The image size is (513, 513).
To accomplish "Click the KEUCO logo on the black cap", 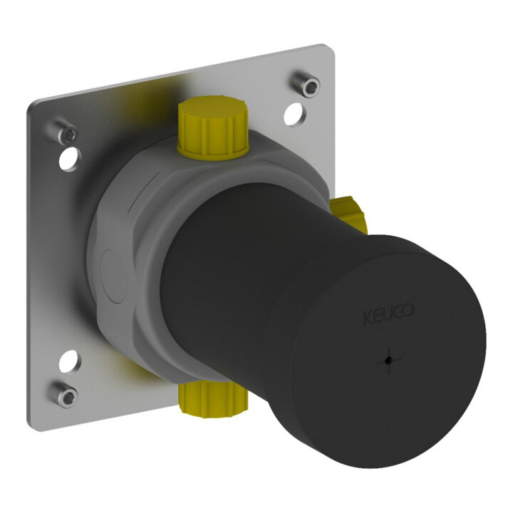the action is tap(389, 313).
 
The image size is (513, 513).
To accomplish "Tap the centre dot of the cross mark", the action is tap(388, 361).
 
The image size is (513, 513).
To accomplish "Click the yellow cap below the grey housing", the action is tap(213, 400).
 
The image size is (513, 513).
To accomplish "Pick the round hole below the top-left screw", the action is tap(70, 158).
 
